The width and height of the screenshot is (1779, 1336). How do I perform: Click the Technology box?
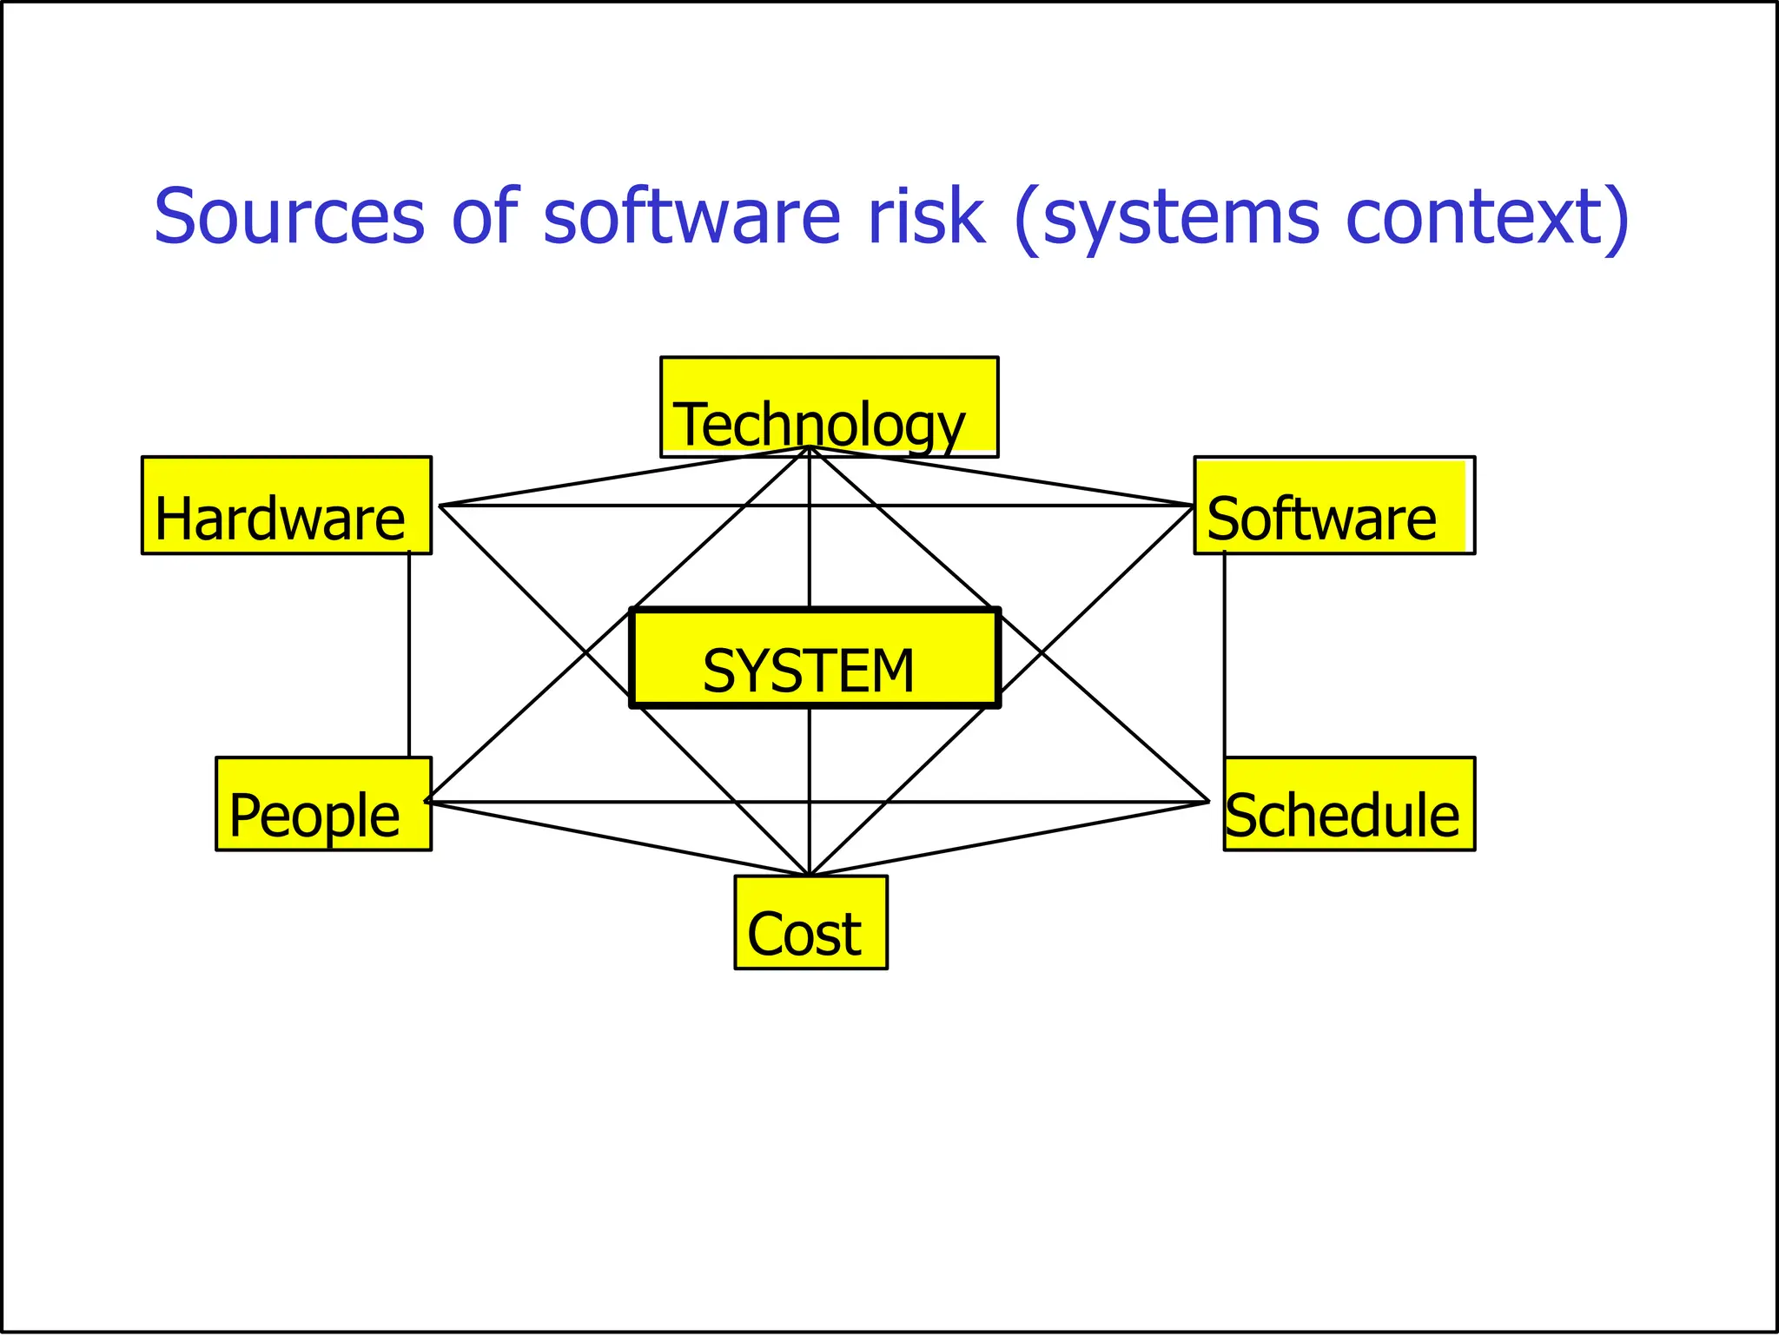829,406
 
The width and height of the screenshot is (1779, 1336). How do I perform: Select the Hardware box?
287,505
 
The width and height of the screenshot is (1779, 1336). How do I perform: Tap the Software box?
1333,505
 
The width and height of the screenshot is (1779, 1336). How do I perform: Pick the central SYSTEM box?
815,658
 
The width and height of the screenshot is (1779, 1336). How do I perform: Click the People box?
323,804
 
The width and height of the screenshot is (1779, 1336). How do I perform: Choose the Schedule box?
1348,804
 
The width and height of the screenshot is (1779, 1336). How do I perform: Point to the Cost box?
810,922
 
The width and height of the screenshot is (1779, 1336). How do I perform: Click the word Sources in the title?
289,216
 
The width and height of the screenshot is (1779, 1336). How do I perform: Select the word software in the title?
691,216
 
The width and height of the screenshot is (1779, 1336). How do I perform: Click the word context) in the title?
1487,216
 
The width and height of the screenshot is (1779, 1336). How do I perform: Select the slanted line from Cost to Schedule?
1008,839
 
